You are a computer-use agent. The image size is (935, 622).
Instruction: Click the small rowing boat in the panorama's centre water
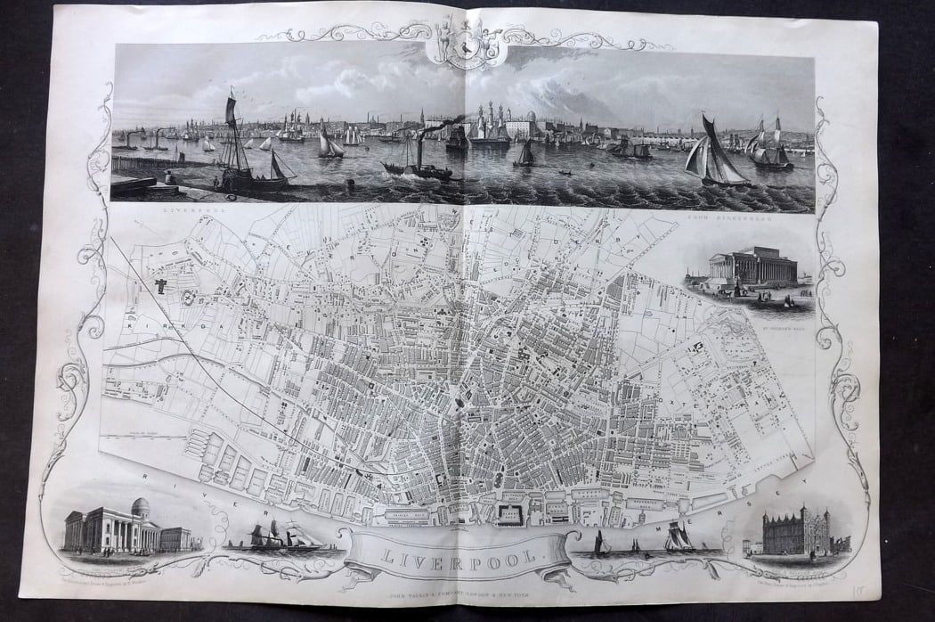[x=565, y=171]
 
